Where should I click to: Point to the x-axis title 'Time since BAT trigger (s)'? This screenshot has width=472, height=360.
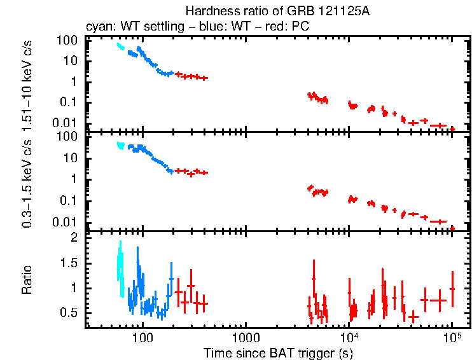tap(278, 352)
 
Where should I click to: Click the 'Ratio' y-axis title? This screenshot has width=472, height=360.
tap(27, 280)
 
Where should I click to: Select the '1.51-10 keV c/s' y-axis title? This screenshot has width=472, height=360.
tap(27, 82)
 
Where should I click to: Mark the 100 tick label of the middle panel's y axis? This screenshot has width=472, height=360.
tap(67, 136)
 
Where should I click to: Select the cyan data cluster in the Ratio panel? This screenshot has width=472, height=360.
tap(120, 267)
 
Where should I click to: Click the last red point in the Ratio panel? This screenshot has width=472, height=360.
tap(452, 289)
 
